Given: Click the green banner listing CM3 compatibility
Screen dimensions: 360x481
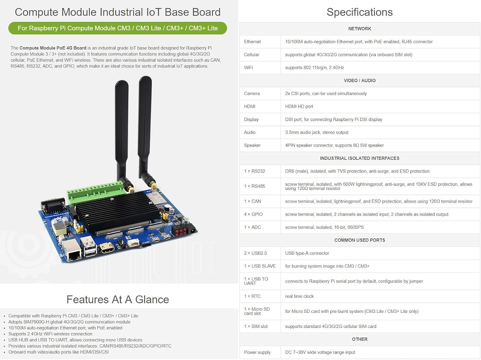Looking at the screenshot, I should click(x=118, y=28).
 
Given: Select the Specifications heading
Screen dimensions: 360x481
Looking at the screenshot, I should click(x=359, y=12).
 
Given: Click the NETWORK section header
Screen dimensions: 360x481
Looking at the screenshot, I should click(x=359, y=29).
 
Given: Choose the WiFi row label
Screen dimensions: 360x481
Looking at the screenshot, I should click(x=249, y=68).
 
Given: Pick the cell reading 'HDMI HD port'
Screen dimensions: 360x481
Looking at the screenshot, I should click(x=299, y=107).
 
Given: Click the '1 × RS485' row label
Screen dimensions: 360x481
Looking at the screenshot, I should click(x=255, y=186).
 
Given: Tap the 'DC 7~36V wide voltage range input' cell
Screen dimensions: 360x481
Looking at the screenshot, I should click(x=320, y=352).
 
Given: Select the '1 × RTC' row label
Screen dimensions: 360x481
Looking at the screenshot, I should click(x=252, y=296).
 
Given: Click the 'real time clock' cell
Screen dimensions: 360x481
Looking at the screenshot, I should click(x=299, y=296).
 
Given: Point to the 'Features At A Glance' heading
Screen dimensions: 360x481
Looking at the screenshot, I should click(x=118, y=299).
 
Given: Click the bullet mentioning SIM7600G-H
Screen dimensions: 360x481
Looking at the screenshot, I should click(x=69, y=322).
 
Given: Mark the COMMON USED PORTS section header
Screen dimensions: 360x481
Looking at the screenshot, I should click(x=359, y=240).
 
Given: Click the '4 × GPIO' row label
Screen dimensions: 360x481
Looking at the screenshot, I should click(x=253, y=214).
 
